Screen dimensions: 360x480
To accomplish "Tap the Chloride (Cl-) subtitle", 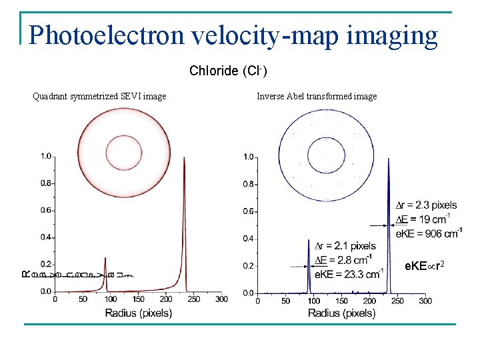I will pyautogui.click(x=228, y=71).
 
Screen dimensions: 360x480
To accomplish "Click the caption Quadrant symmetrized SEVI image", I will pyautogui.click(x=99, y=97).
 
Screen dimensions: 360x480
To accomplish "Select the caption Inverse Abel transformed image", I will pyautogui.click(x=317, y=97).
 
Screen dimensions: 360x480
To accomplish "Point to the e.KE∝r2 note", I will pyautogui.click(x=424, y=267).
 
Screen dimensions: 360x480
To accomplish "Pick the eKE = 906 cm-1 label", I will pyautogui.click(x=429, y=233).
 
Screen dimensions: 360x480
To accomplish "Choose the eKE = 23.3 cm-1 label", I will pyautogui.click(x=348, y=274).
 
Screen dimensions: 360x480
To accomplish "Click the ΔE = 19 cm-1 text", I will pyautogui.click(x=422, y=219).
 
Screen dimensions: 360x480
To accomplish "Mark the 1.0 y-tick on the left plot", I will pyautogui.click(x=45, y=156).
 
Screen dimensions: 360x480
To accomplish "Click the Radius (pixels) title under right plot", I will pyautogui.click(x=341, y=313).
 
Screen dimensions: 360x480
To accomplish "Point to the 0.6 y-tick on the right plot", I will pyautogui.click(x=247, y=211).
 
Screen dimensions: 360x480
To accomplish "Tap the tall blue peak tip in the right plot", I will pyautogui.click(x=388, y=159).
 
